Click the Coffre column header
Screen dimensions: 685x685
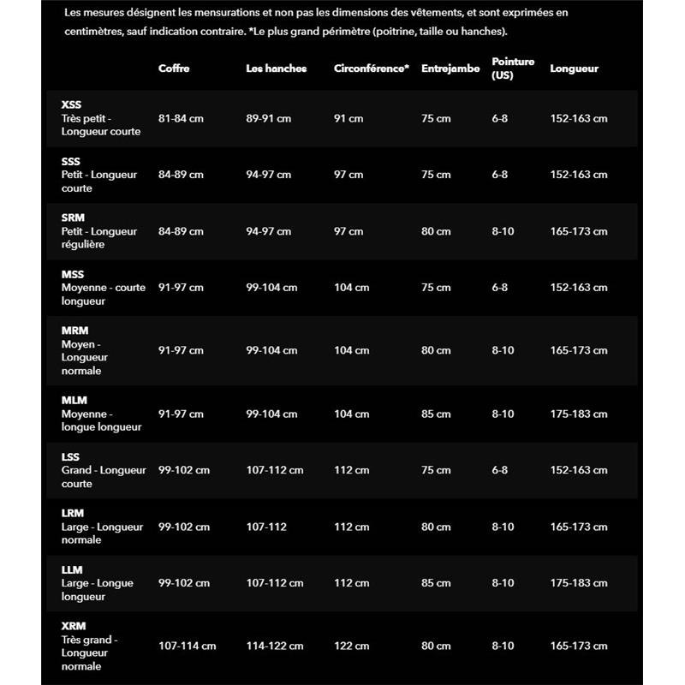tap(174, 68)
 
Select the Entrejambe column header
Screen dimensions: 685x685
tap(450, 68)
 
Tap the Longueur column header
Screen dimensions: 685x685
tap(574, 68)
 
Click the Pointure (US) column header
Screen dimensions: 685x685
tap(513, 68)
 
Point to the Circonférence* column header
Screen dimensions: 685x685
tap(371, 68)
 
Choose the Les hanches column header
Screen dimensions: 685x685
tap(276, 68)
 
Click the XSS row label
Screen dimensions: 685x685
tap(72, 104)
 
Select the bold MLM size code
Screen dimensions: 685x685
tap(74, 400)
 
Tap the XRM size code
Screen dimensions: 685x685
tap(74, 626)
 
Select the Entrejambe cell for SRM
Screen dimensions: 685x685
tap(436, 231)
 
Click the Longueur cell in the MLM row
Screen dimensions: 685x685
tap(578, 414)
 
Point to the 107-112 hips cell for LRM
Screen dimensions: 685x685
tap(266, 527)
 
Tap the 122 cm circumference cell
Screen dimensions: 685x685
tap(351, 646)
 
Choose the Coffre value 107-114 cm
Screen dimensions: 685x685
tap(187, 646)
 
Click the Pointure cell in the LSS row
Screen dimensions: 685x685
tap(499, 470)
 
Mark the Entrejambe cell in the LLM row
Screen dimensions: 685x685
tap(436, 583)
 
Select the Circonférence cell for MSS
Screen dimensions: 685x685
tap(351, 288)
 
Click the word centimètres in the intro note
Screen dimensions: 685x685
tap(97, 31)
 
